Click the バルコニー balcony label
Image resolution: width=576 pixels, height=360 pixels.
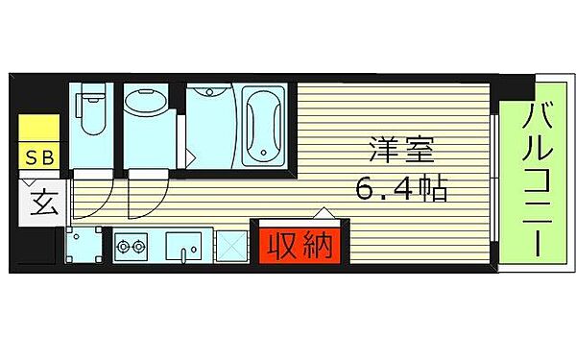point(533,179)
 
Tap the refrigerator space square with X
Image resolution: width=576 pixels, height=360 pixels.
point(231,247)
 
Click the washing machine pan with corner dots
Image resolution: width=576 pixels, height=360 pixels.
point(85,248)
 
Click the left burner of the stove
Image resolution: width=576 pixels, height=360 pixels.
point(123,249)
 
